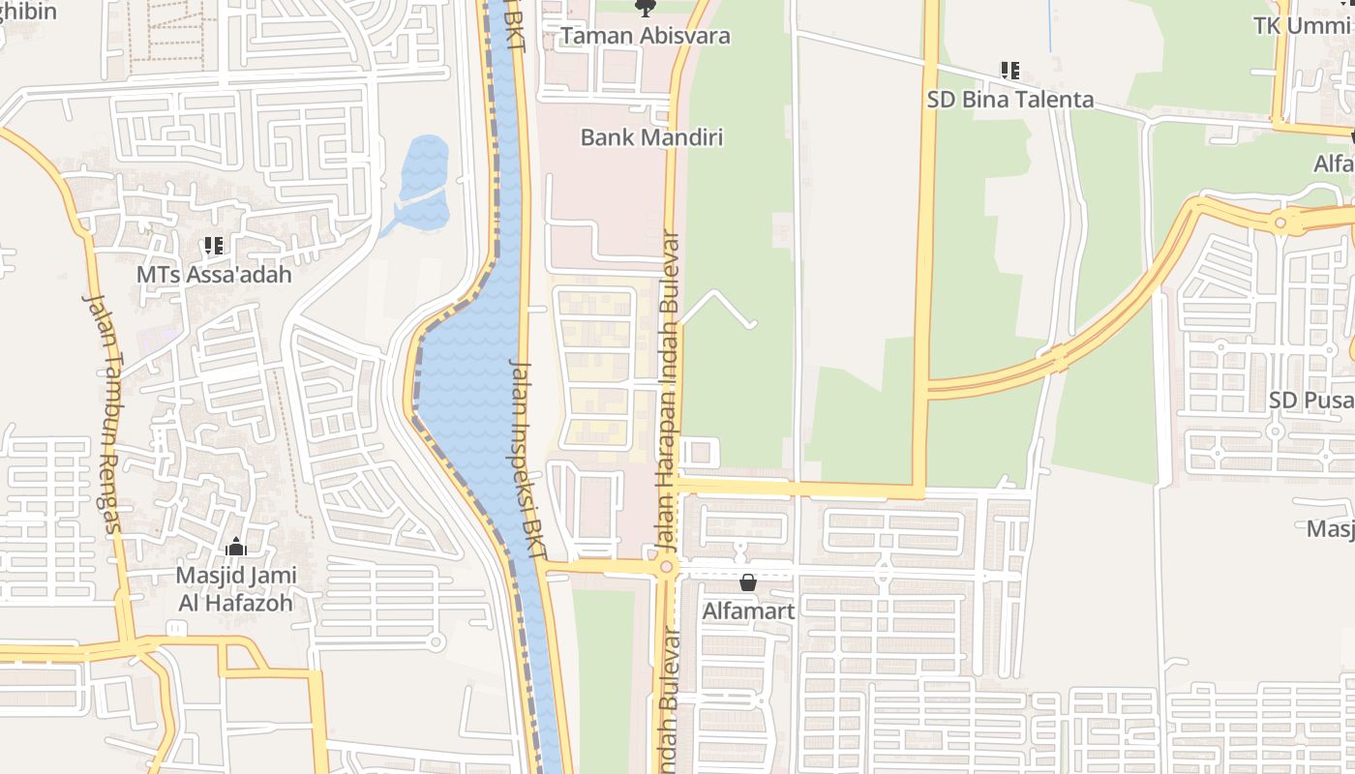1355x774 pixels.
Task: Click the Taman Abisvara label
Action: click(646, 36)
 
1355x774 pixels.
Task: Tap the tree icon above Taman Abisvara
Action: click(645, 9)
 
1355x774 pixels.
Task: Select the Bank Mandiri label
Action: click(651, 137)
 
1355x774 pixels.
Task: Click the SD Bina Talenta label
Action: click(1009, 100)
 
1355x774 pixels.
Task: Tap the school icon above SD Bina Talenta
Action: click(1009, 71)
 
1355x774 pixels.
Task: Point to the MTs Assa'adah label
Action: click(213, 274)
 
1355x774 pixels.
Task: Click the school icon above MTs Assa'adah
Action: click(213, 246)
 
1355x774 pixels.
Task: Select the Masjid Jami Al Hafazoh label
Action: click(235, 589)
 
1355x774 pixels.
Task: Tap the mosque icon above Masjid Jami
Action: click(236, 549)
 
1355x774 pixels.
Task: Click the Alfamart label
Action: click(748, 611)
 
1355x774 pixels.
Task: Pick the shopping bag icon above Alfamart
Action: click(748, 582)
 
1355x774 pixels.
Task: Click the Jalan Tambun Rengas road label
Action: click(105, 413)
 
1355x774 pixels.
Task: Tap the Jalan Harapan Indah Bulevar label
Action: click(669, 391)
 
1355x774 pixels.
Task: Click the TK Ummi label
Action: click(1303, 25)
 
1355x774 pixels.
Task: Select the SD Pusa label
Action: click(1310, 400)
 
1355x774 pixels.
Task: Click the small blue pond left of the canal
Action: click(424, 179)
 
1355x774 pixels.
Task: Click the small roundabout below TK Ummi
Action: click(1281, 223)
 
